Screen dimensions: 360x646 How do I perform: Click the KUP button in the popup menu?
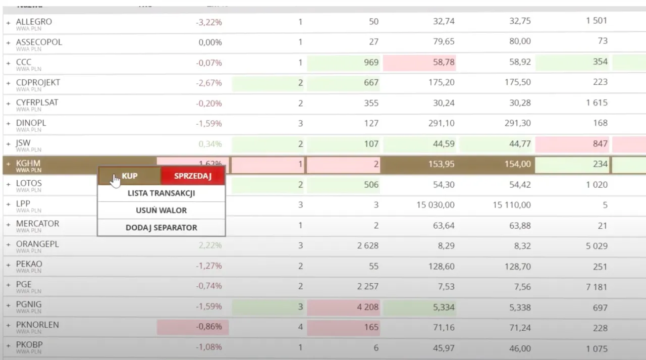point(129,176)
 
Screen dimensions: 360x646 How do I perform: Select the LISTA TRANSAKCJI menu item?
point(161,193)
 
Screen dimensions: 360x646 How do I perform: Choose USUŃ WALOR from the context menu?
point(161,211)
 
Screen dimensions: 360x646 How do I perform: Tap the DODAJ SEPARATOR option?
point(161,228)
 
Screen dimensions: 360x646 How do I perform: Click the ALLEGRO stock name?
point(34,22)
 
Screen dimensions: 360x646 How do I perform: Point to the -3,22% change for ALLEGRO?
point(209,22)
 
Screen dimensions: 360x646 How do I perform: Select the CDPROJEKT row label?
point(38,82)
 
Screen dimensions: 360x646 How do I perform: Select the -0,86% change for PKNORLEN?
point(209,327)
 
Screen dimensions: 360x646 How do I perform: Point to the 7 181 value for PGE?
point(596,287)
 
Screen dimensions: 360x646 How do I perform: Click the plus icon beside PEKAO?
point(8,266)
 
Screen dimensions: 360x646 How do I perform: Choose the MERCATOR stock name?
point(37,224)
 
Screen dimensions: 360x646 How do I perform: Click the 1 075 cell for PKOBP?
point(597,348)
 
